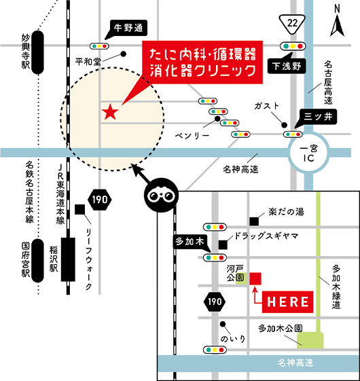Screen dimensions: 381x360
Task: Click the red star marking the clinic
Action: point(109,111)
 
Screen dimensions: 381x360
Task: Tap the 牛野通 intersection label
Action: point(128,29)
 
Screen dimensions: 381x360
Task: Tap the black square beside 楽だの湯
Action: point(255,220)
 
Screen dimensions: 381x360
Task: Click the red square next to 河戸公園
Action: point(256,278)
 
